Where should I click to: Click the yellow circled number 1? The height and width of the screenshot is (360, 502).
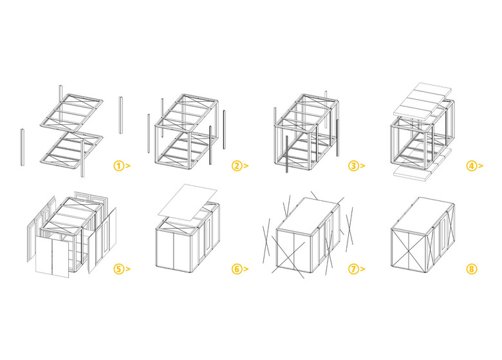[x=118, y=166]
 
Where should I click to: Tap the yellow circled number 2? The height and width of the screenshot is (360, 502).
[x=237, y=166]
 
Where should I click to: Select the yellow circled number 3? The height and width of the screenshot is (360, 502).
[x=353, y=166]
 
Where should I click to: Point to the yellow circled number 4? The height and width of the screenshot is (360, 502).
[x=472, y=166]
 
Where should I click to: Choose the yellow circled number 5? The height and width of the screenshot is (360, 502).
[x=118, y=269]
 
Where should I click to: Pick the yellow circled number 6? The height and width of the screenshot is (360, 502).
[x=237, y=269]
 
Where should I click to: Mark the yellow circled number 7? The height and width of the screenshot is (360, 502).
[x=353, y=269]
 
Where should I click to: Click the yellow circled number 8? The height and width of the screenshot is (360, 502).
[x=472, y=269]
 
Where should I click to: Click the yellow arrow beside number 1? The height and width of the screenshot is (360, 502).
[x=127, y=166]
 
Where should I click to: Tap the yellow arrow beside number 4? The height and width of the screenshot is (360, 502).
[x=481, y=166]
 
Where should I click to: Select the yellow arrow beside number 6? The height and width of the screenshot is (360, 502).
[x=246, y=269]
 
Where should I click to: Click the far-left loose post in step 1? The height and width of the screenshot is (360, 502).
[x=23, y=147]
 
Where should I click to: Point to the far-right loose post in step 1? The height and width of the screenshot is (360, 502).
[x=121, y=115]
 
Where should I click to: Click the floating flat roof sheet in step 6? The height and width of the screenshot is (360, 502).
[x=188, y=202]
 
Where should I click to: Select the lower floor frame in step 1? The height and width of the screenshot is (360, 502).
[x=71, y=150]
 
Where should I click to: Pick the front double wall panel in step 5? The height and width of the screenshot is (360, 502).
[x=52, y=257]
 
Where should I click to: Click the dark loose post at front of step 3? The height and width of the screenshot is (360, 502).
[x=287, y=155]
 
